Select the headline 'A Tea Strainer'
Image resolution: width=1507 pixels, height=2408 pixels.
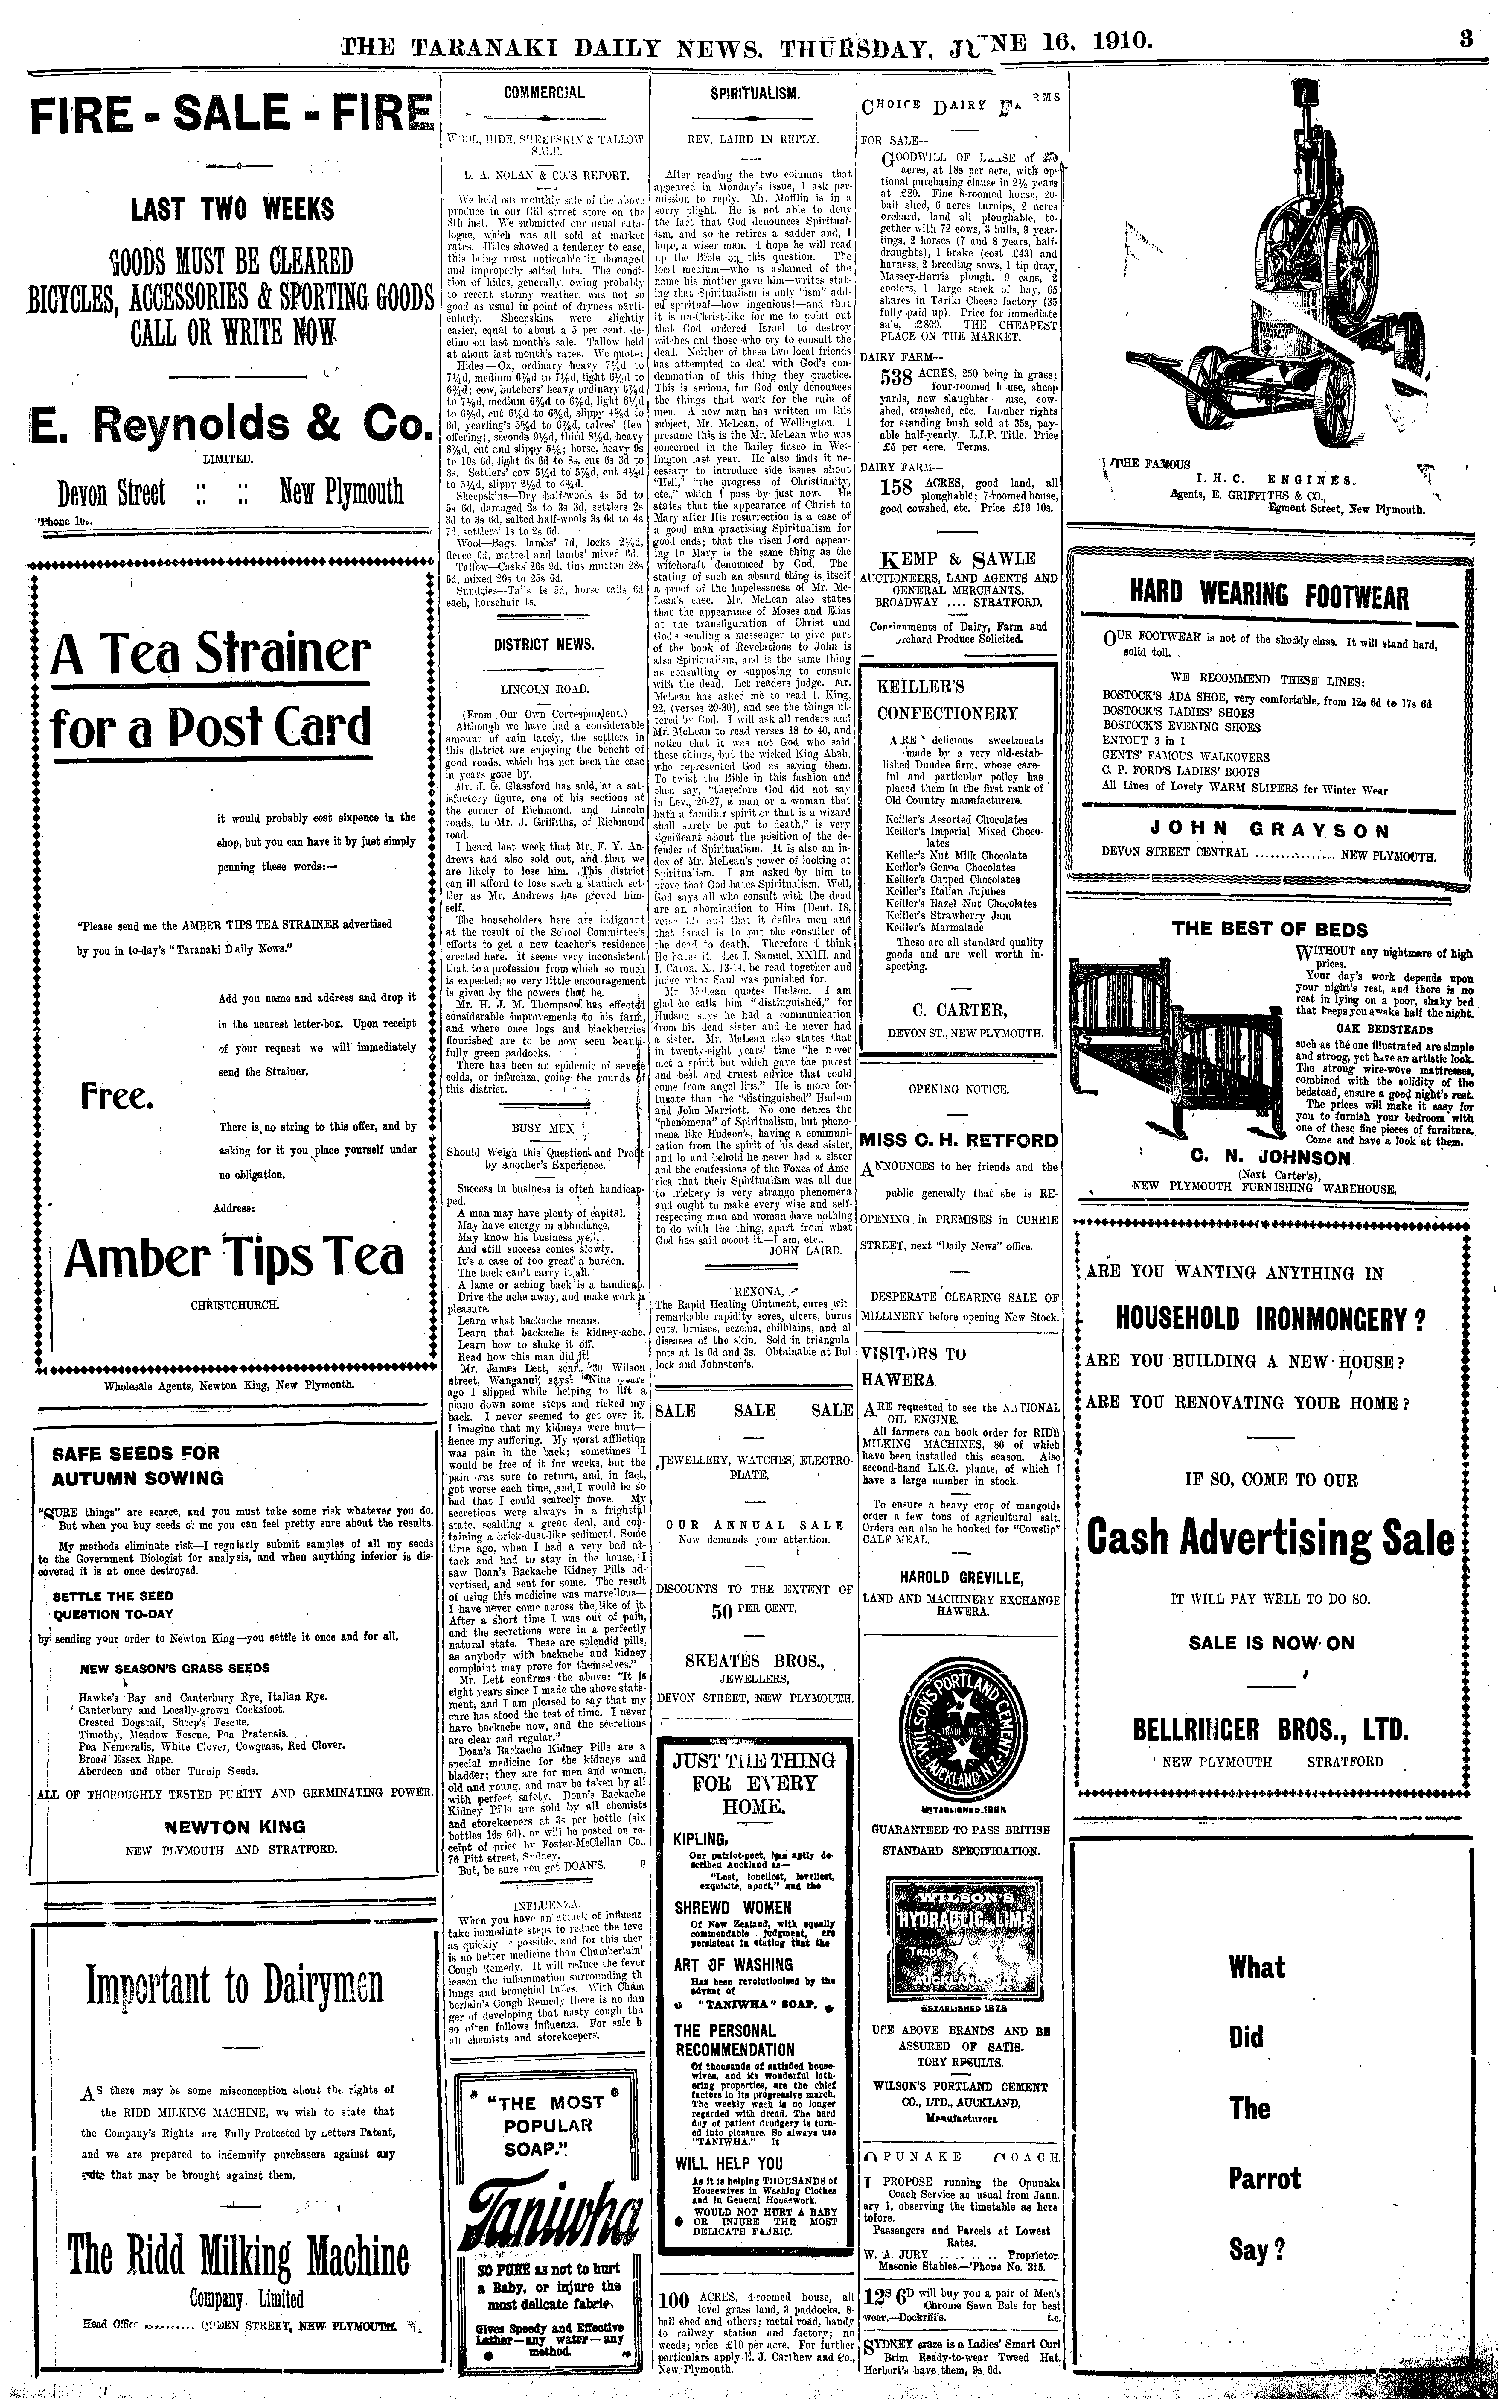pos(210,654)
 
